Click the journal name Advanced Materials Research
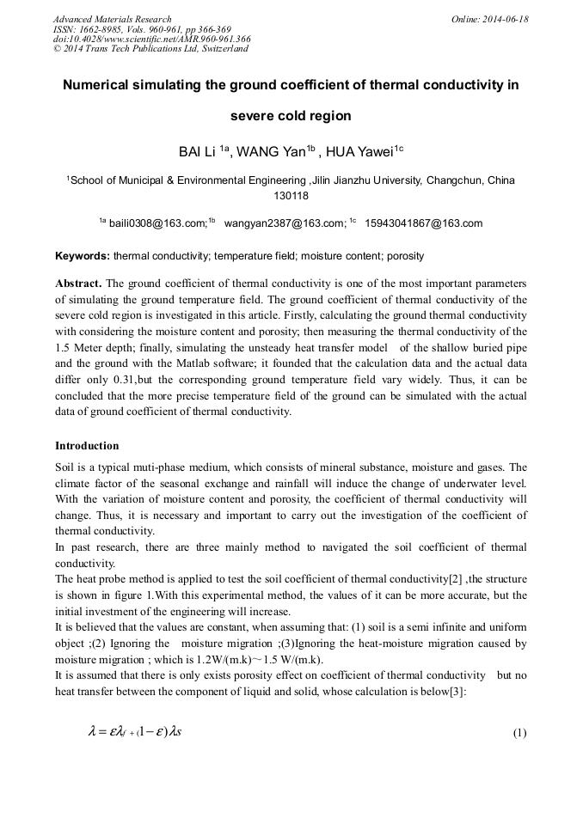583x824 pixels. [x=112, y=19]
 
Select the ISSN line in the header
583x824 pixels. [x=141, y=29]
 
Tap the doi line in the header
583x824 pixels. [x=151, y=39]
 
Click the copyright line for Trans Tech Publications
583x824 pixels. [x=150, y=49]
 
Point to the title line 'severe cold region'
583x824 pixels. [x=291, y=115]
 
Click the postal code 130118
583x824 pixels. [x=291, y=195]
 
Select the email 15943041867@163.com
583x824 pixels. [x=424, y=223]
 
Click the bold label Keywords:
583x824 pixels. [x=83, y=256]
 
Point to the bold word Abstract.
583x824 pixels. [x=78, y=283]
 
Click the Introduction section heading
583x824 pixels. [x=87, y=446]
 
